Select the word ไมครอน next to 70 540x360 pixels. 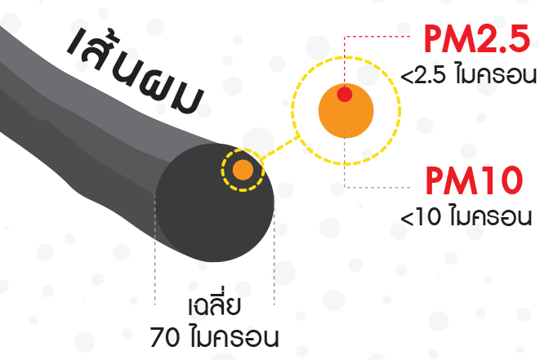click(234, 336)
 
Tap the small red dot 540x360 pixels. click(345, 94)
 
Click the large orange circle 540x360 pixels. click(346, 118)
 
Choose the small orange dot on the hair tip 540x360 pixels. click(243, 171)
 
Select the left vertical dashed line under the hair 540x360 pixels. click(155, 278)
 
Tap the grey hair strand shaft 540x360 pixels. click(82, 122)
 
